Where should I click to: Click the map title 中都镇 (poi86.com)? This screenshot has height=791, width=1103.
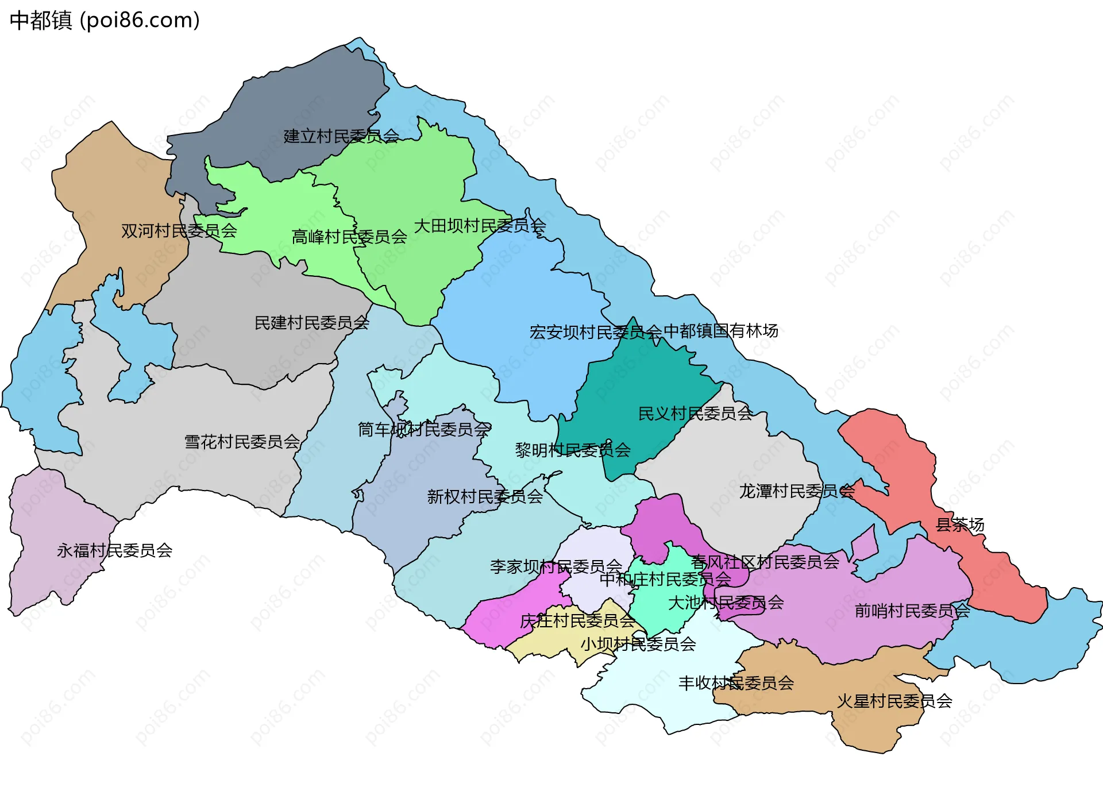pos(105,20)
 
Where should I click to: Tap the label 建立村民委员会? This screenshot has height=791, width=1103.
pos(341,136)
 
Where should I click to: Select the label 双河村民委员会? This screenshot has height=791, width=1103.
pos(179,231)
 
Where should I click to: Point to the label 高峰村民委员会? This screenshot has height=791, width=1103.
pos(349,237)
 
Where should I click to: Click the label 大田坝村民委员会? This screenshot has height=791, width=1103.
pos(480,226)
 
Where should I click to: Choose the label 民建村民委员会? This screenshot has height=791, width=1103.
pos(311,323)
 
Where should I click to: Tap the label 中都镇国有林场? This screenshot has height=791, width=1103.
pos(721,331)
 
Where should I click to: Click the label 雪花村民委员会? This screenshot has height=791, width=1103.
pos(242,442)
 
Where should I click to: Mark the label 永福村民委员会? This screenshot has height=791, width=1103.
pos(114,551)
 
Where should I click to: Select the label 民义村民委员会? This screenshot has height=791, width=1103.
pos(695,414)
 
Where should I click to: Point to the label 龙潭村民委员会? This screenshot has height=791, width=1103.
pos(796,491)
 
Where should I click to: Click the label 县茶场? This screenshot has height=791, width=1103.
pos(960,524)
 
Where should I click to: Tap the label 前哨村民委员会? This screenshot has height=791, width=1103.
pos(912,611)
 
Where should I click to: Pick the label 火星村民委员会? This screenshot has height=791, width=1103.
pos(894,701)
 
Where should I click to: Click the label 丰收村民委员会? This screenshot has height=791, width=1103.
pos(736,683)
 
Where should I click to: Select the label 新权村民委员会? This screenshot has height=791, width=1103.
pos(485,496)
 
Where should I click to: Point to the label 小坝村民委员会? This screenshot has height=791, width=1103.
pos(638,644)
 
